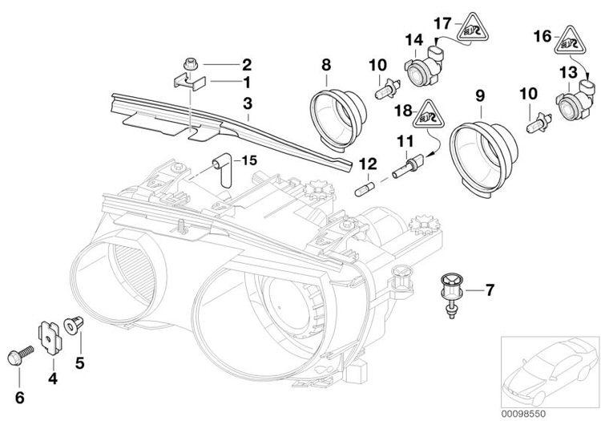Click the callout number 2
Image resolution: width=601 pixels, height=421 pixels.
247,64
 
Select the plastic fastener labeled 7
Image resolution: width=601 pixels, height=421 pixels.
449,290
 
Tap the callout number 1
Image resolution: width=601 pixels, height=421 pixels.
247,82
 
